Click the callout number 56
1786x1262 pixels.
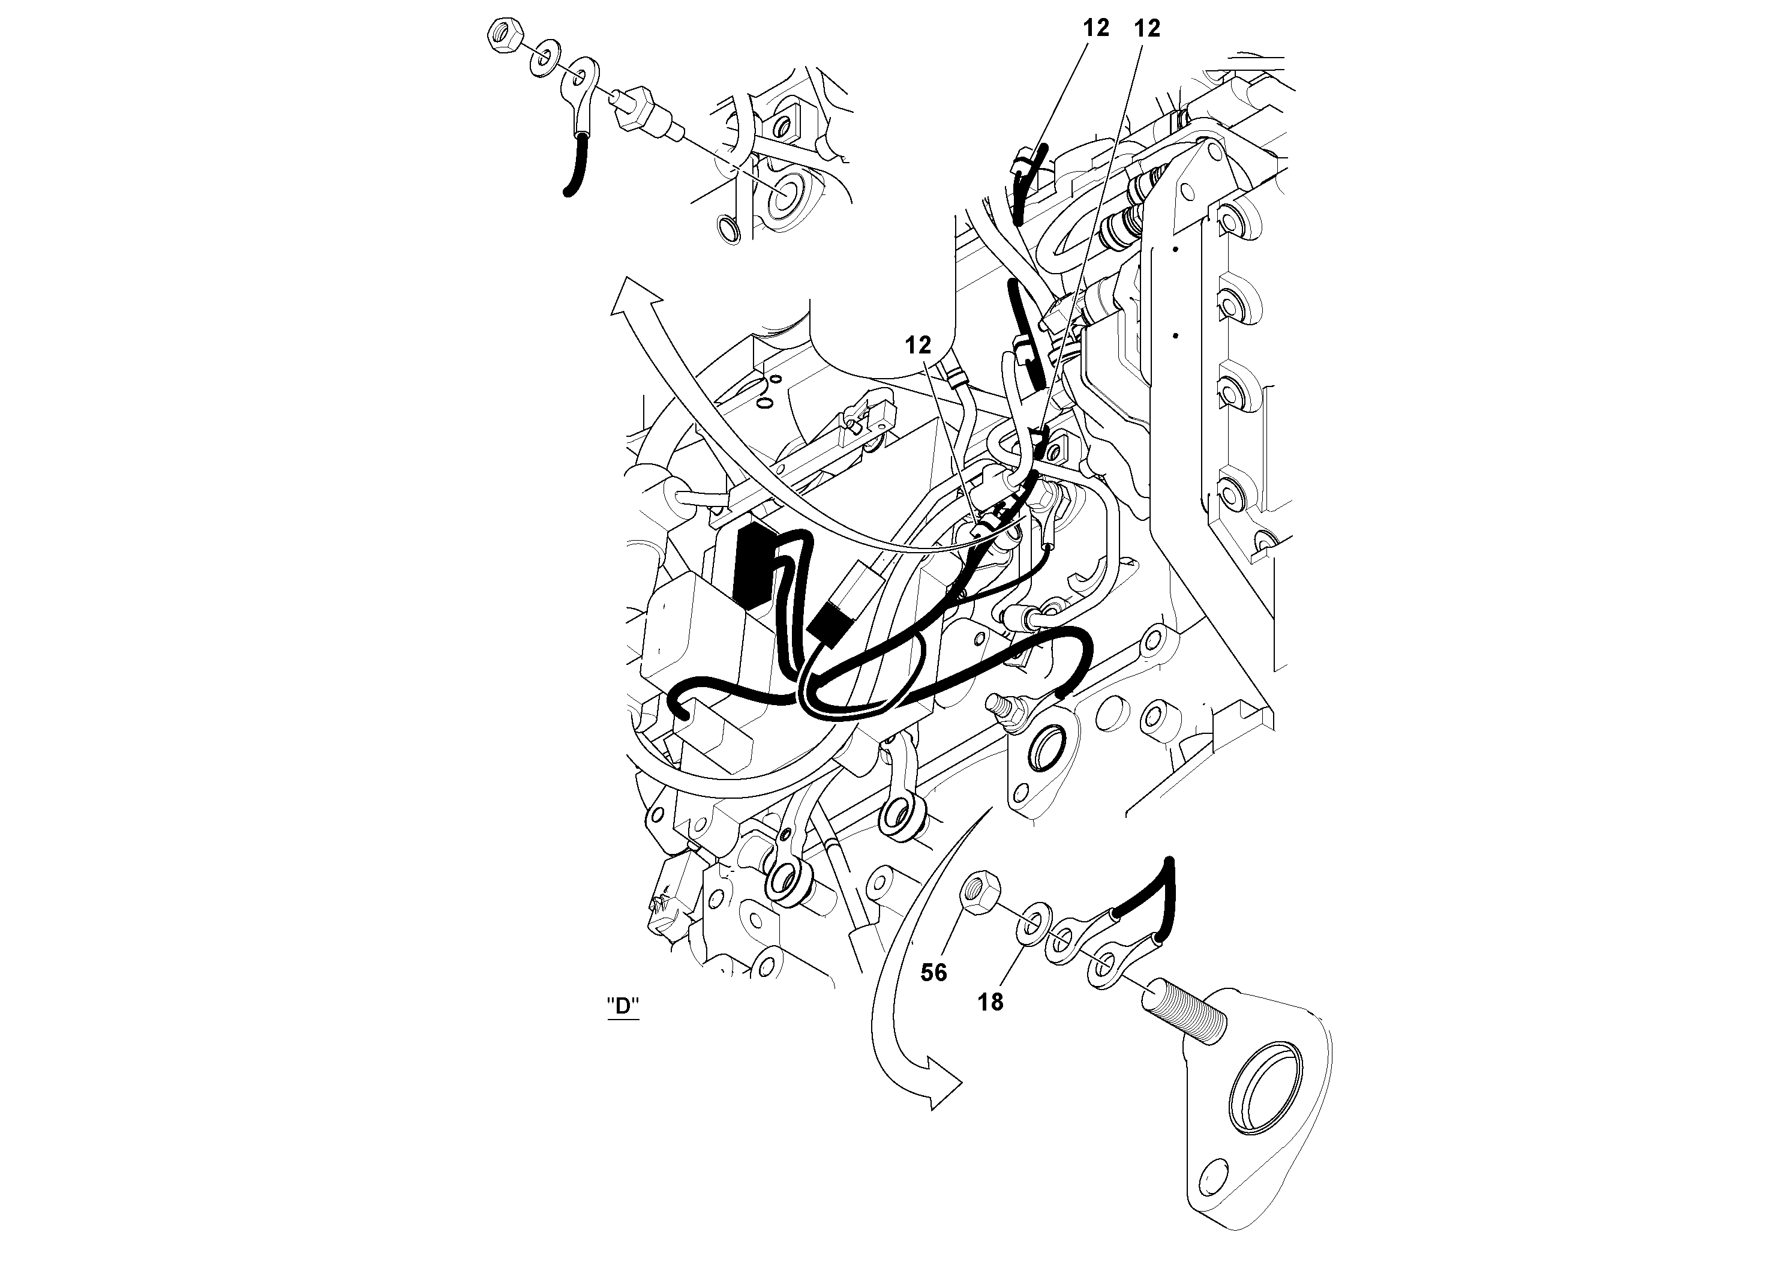[933, 973]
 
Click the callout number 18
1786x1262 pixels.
[990, 1003]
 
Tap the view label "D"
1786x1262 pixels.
[622, 1006]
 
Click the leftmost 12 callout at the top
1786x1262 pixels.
[1096, 29]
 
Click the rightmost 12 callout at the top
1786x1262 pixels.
[1147, 29]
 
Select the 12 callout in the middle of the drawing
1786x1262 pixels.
[918, 346]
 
